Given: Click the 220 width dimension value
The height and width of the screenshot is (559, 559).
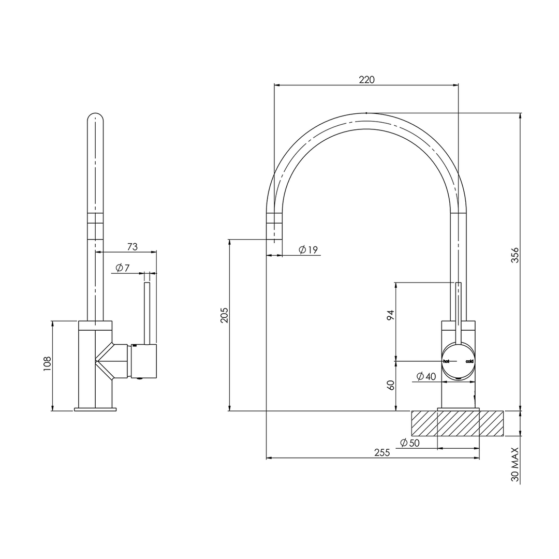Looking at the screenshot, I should point(366,79).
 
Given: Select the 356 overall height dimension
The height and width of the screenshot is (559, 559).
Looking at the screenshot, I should point(514,255).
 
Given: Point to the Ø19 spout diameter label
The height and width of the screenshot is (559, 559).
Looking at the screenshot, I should point(308,250).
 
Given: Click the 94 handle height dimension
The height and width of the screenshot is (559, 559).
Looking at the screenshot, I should point(391,315).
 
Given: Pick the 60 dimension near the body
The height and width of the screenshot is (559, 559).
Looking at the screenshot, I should point(391,385).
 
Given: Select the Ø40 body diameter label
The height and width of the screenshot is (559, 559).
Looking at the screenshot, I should point(426,376).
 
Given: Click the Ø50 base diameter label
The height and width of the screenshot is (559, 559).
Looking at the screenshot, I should point(409,443).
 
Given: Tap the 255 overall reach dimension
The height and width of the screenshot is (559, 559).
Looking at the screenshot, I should point(381,452).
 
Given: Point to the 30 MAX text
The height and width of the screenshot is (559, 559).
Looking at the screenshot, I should point(514,465).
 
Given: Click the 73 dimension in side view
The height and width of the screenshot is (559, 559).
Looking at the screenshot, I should point(133,247).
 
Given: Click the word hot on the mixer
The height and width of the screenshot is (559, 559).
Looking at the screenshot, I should point(446,361).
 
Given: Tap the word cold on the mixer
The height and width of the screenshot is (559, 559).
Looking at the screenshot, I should point(469,361).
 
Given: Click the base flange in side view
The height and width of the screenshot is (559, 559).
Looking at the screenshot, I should point(95,410).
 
